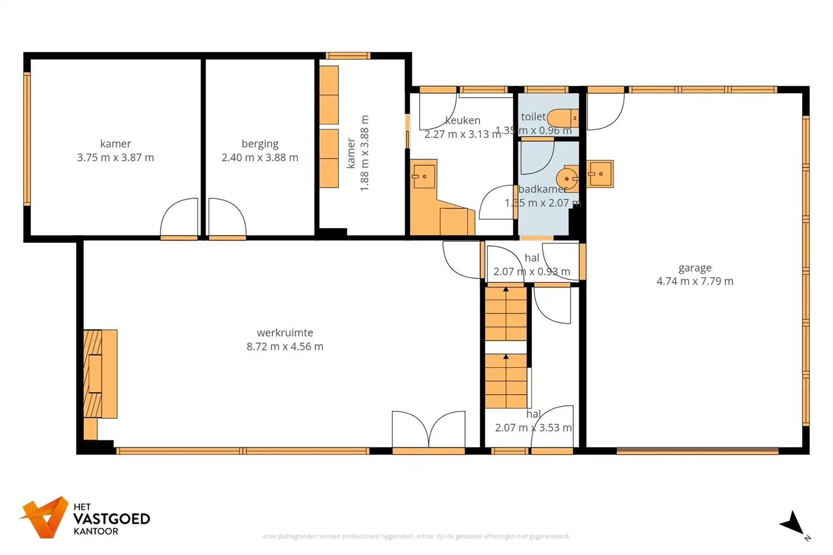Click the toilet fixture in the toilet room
point(562,118)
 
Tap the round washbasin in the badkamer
point(567,179)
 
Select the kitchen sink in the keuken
point(424,177)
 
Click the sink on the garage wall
point(600,174)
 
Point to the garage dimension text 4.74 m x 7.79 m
point(695,281)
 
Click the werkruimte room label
point(285,332)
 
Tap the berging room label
point(260,144)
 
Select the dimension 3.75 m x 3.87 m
point(115,157)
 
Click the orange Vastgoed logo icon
point(45,517)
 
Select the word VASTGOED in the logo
point(112,519)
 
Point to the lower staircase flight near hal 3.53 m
point(506,381)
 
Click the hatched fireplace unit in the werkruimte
point(93,373)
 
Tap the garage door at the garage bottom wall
point(697,450)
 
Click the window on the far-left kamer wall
point(27,139)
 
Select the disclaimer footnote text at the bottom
point(416,536)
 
